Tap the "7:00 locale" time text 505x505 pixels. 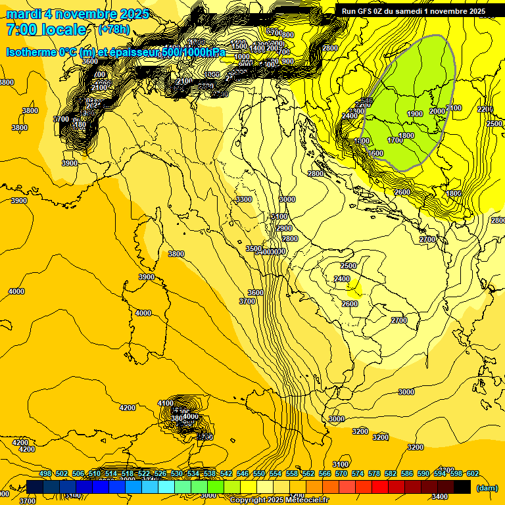[x=46, y=30]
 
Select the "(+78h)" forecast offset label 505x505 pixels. [x=114, y=30]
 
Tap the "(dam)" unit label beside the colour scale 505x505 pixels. [x=487, y=488]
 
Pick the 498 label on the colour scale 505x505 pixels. [x=45, y=474]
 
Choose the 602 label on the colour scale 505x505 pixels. [x=472, y=474]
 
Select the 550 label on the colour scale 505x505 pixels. [x=259, y=474]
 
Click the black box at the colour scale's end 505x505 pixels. [x=462, y=487]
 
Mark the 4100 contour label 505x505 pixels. [x=166, y=403]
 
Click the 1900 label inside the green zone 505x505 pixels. [x=414, y=114]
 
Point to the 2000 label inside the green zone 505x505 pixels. [x=437, y=111]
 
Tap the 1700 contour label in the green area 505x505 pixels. [x=395, y=140]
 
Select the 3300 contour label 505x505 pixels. [x=244, y=199]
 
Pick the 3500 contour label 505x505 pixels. [x=254, y=249]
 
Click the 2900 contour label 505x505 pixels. [x=284, y=228]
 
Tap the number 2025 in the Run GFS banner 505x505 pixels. [x=474, y=11]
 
